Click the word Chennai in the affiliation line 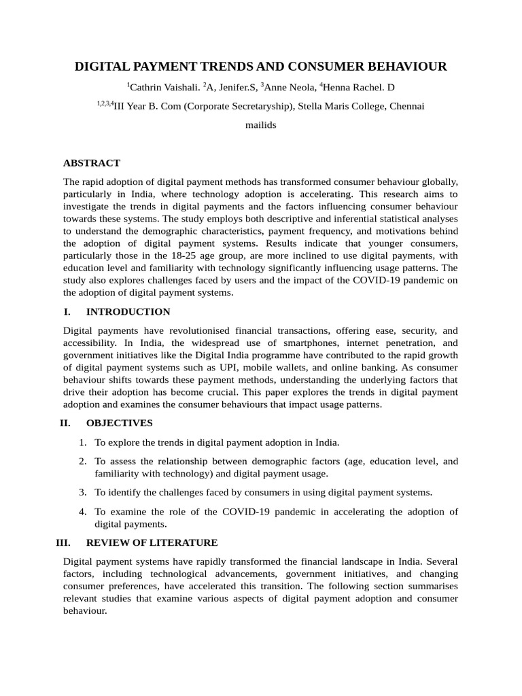point(405,107)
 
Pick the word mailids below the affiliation point(260,126)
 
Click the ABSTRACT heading point(92,163)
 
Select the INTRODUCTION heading point(128,312)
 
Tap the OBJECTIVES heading point(120,423)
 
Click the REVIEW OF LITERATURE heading point(152,543)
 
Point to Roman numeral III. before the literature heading point(63,543)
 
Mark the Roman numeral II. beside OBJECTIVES point(65,423)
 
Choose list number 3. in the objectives point(82,492)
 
